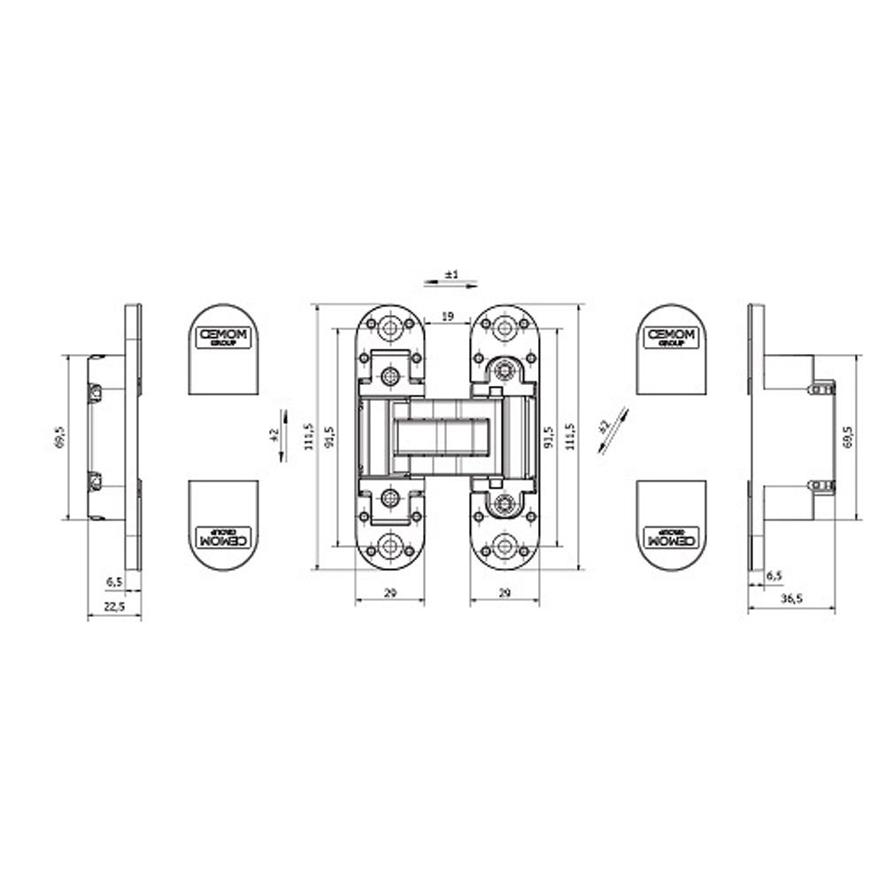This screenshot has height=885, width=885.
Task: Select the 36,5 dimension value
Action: click(791, 599)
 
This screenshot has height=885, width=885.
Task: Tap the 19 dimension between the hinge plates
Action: click(448, 316)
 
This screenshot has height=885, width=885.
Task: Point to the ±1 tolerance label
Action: click(450, 274)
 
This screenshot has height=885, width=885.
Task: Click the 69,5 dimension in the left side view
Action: click(59, 437)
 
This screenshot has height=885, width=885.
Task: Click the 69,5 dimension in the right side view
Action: click(848, 437)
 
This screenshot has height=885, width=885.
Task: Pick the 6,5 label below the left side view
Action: click(114, 581)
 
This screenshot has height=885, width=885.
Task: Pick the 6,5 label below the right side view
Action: click(773, 575)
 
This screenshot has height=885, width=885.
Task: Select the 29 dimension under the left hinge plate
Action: click(390, 593)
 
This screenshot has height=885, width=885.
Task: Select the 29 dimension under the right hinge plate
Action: click(504, 593)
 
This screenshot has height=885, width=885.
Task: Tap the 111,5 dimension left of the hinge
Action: click(307, 437)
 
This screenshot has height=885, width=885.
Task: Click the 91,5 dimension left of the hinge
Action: click(329, 437)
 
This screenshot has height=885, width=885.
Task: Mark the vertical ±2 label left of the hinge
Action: click(275, 435)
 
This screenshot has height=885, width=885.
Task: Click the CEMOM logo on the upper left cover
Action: click(224, 336)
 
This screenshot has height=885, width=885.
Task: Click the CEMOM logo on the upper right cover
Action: click(672, 336)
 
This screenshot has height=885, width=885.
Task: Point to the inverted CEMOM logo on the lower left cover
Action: click(224, 537)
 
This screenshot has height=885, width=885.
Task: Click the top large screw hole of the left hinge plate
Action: click(390, 326)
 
